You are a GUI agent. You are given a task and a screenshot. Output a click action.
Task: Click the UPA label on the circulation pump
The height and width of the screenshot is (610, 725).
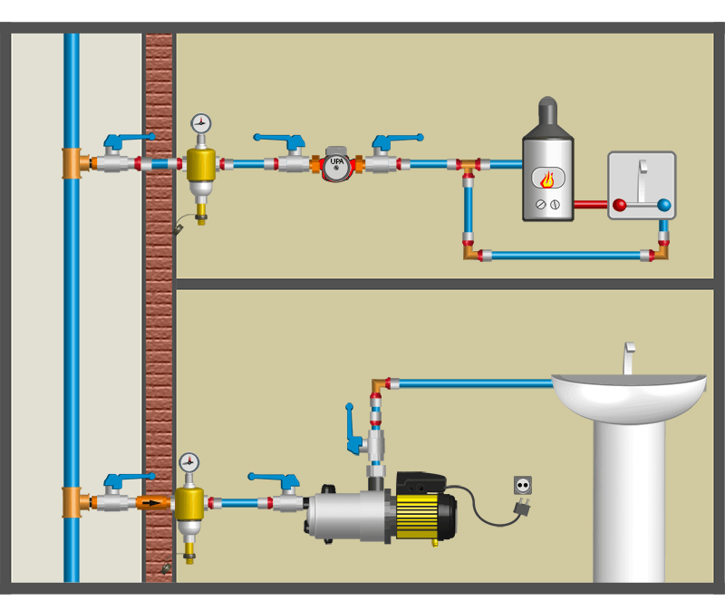337,162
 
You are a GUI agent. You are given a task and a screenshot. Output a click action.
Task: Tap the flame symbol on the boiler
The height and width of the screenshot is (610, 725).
547,179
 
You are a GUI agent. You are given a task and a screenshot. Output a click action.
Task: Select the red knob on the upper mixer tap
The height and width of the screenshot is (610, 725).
620,205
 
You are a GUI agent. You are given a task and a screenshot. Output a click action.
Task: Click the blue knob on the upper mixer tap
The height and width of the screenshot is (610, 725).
664,205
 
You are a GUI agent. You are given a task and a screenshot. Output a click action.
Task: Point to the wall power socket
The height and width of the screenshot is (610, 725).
522,485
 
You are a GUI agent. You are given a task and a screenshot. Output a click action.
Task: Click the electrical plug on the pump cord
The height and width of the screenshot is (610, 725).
521,508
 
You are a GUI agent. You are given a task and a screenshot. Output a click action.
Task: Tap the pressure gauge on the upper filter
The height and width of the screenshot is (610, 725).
201,123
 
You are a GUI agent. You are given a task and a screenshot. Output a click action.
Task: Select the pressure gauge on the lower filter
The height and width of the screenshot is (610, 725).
188,463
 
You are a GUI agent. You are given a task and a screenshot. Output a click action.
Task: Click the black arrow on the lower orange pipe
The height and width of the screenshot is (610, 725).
152,502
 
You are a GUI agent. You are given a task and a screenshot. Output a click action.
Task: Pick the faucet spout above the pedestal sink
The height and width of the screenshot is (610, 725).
628,357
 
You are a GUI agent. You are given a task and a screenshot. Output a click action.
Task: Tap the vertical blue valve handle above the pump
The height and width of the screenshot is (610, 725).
351,426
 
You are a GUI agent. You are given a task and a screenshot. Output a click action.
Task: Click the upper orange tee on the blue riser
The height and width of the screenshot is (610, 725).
72,163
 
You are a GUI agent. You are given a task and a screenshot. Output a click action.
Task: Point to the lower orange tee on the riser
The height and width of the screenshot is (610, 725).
72,502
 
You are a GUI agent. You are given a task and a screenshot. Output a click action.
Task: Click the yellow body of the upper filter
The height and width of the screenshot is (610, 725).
201,164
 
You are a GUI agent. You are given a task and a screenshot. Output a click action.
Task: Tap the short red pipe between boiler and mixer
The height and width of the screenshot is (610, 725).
591,205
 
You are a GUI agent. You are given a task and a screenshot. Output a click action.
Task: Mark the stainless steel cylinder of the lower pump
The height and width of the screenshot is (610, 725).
349,515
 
